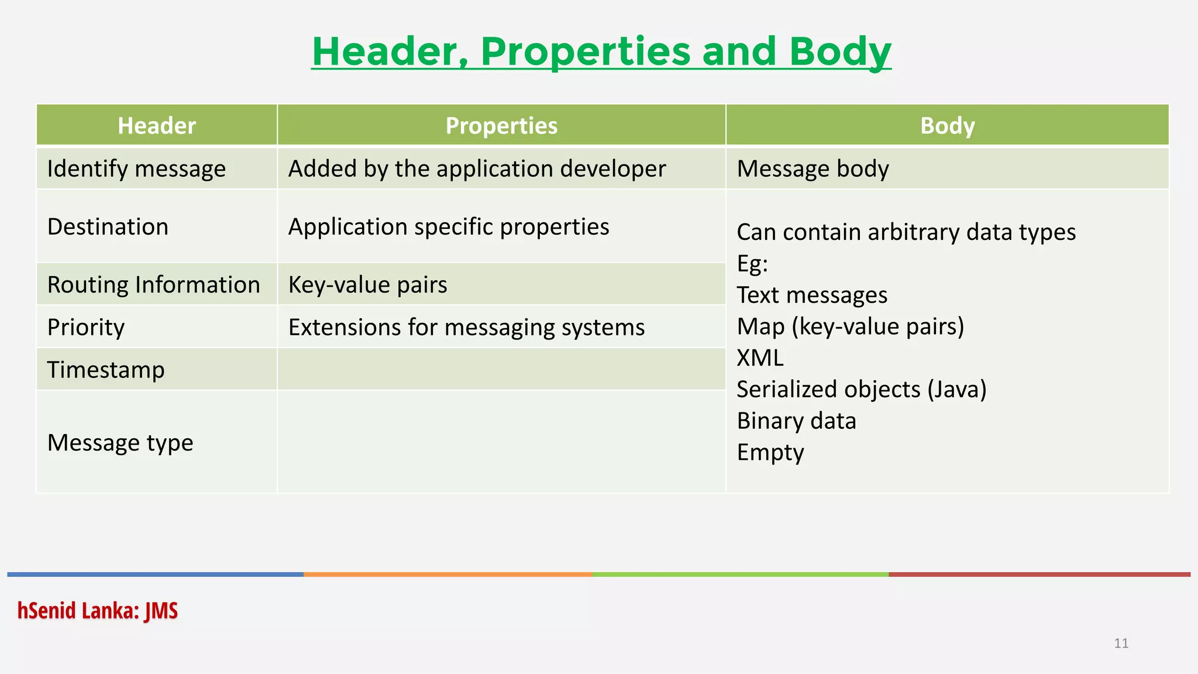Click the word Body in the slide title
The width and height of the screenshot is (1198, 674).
tap(839, 51)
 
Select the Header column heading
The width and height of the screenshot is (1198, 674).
tap(156, 126)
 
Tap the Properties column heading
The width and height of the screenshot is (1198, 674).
tap(501, 126)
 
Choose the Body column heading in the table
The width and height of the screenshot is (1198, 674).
tap(947, 126)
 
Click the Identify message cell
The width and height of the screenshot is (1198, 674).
tap(136, 169)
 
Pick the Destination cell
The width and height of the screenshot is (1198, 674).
tap(108, 226)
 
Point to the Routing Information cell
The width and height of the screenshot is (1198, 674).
tap(153, 285)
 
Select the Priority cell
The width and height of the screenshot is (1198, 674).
tap(86, 327)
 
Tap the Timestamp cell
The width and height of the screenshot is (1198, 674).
tap(106, 370)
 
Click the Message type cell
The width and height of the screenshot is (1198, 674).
tap(120, 443)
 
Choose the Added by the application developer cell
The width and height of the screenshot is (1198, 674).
tap(477, 169)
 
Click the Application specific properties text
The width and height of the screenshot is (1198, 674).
tap(449, 226)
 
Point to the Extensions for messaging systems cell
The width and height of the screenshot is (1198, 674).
tap(466, 327)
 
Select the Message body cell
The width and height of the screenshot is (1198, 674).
tap(813, 169)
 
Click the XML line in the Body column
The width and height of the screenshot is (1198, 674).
tap(760, 358)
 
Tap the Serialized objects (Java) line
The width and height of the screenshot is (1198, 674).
tap(861, 390)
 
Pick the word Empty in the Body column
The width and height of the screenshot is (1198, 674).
tap(770, 452)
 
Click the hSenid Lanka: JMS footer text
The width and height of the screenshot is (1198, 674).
tap(97, 611)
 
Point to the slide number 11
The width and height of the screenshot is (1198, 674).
tap(1121, 644)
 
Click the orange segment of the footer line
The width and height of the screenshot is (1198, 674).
tap(447, 575)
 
